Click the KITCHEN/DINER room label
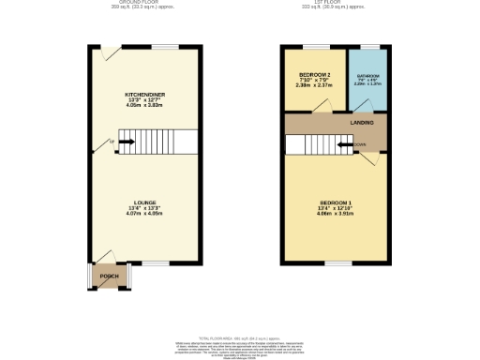coord(144,95)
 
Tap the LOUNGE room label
coord(144,202)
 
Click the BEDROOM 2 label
coord(314,74)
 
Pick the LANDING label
coord(363,122)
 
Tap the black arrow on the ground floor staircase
coord(127,142)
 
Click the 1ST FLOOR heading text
coord(333,2)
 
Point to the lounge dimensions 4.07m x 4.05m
coord(144,214)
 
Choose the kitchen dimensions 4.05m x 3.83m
coord(144,106)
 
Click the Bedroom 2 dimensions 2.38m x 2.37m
coord(314,85)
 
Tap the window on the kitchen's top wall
coord(167,46)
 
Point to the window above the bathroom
coord(369,46)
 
